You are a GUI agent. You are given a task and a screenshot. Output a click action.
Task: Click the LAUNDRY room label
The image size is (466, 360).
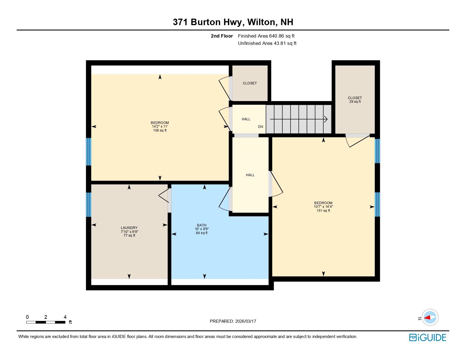click(129, 228)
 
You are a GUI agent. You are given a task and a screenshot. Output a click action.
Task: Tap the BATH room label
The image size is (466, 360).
click(202, 225)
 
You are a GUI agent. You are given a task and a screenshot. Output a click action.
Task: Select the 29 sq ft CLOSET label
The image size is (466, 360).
click(355, 100)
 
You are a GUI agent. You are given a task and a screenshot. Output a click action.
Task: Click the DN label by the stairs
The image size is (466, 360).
click(260, 127)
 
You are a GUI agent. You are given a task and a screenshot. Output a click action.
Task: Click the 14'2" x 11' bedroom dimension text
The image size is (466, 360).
click(160, 126)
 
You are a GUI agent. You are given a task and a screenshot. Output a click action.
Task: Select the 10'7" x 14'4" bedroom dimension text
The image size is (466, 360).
click(323, 207)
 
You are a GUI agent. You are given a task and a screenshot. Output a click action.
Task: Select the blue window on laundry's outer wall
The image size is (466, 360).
click(89, 205)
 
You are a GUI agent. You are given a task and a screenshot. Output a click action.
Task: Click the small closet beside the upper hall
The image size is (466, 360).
click(250, 83)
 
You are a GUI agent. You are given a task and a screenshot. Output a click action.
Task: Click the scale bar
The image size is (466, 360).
click(46, 322)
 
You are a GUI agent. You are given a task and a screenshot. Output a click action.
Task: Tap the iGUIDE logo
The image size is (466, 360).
click(428, 337)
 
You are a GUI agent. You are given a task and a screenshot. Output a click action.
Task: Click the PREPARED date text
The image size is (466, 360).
click(233, 321)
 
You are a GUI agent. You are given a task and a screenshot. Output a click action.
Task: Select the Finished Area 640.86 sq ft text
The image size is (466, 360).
click(266, 36)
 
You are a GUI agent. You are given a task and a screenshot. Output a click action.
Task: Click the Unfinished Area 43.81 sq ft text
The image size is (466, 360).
click(267, 43)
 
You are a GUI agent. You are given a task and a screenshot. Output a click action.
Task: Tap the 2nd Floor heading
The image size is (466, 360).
click(222, 36)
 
